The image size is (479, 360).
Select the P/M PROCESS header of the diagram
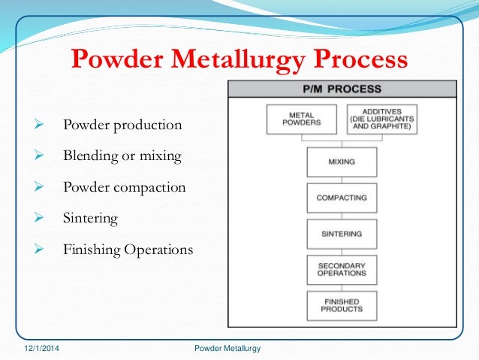click(342, 89)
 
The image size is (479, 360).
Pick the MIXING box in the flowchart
click(342, 161)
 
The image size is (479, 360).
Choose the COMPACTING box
click(342, 197)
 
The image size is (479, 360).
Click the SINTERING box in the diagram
click(342, 233)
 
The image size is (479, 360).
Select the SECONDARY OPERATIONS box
click(342, 270)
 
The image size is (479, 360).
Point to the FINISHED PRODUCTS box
click(342, 305)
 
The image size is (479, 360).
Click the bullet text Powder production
click(122, 125)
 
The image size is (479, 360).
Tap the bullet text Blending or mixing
click(122, 156)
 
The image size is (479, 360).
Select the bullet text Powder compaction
click(124, 187)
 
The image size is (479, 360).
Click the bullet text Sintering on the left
click(91, 218)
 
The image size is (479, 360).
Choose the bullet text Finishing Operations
click(128, 249)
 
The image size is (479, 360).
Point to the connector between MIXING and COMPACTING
click(342, 179)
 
